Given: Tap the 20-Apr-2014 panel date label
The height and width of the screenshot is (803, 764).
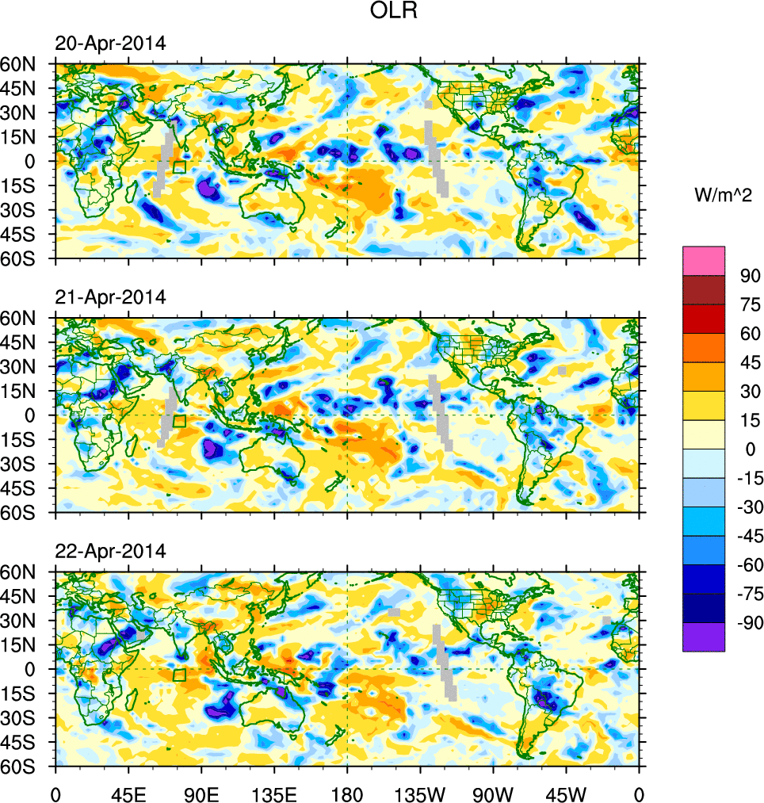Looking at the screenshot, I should click(x=110, y=44).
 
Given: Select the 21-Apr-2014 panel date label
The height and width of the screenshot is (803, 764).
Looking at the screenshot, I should click(x=110, y=298).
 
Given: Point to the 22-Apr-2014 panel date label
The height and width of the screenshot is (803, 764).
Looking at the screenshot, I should click(x=110, y=552).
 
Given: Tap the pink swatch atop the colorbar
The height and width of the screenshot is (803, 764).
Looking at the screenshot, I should click(x=704, y=260).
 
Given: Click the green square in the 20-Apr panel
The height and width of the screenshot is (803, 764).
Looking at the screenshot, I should click(x=179, y=166).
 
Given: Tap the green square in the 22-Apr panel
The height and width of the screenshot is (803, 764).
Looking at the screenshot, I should click(x=179, y=675).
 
